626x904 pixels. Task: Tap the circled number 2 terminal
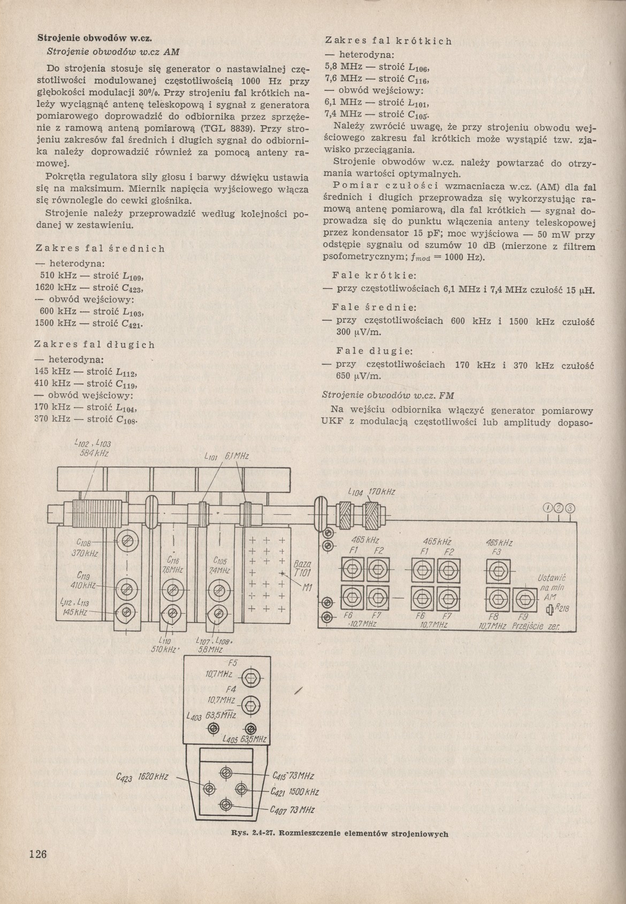click(x=559, y=508)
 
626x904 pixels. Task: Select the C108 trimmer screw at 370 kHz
click(x=127, y=542)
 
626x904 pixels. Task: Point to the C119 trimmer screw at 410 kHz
click(x=127, y=588)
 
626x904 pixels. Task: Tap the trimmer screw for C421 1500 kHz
click(x=242, y=788)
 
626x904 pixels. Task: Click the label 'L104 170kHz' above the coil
click(x=371, y=492)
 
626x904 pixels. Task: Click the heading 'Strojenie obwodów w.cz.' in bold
click(x=95, y=39)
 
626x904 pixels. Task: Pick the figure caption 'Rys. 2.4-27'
click(x=339, y=833)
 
